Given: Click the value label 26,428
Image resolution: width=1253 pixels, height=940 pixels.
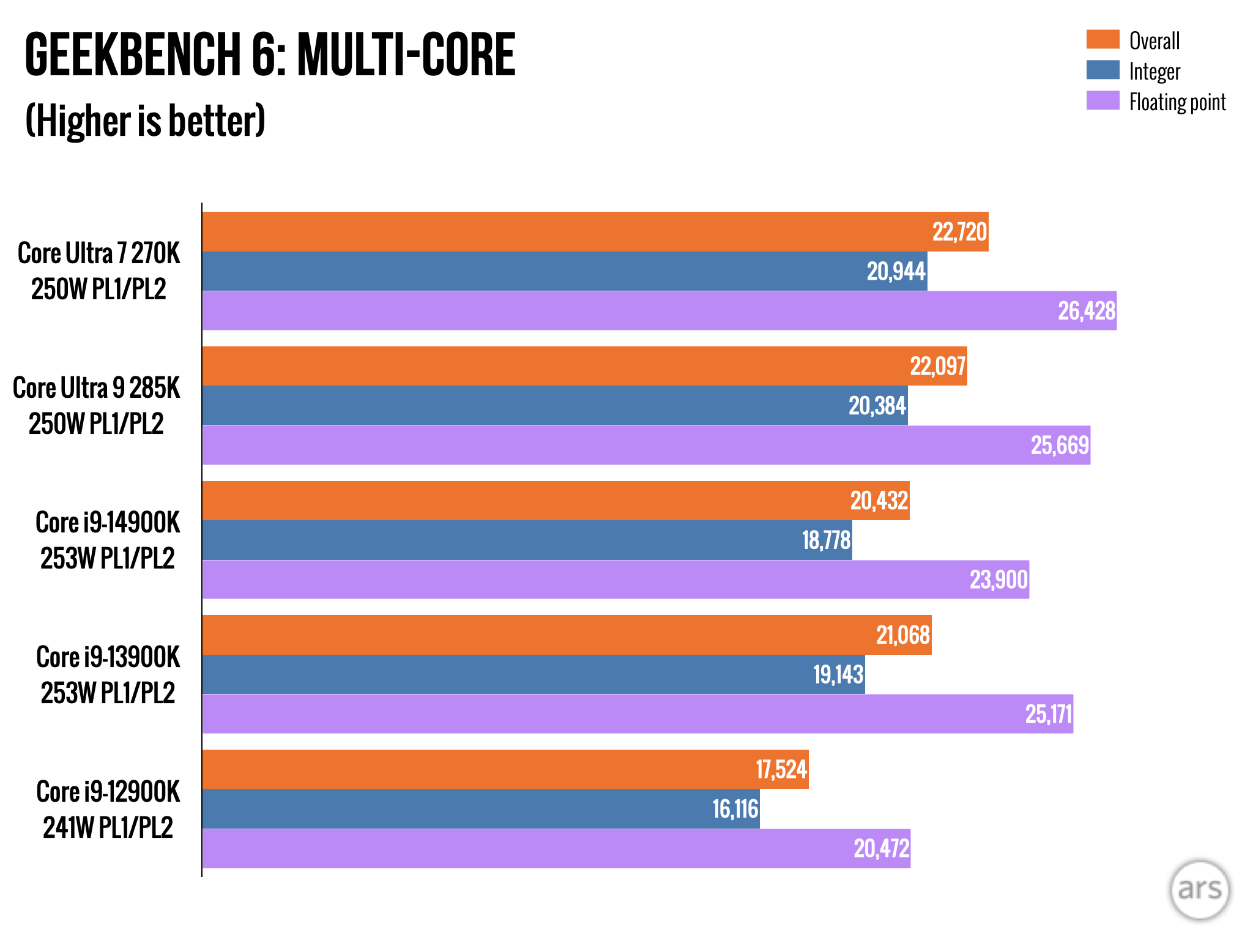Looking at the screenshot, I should point(1087,311).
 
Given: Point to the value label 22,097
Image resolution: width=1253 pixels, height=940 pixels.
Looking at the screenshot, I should point(938,367).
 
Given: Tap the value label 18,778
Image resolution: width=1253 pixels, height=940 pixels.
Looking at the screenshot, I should point(826,540).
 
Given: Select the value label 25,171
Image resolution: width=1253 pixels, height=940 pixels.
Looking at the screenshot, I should point(1049,714).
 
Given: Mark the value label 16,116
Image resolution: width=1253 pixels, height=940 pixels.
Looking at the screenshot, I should point(735,809).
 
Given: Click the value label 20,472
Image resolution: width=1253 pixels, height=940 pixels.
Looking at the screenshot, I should point(881,849).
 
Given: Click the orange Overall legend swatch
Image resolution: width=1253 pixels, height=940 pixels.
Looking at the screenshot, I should point(1102,40).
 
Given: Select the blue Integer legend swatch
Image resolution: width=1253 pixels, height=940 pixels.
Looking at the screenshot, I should point(1102,70).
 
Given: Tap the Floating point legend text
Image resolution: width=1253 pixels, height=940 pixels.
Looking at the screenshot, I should point(1177,102).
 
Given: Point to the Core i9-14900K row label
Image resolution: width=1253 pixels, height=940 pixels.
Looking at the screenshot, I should point(108,540).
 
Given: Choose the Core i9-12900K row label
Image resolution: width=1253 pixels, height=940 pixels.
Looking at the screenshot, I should point(108,809).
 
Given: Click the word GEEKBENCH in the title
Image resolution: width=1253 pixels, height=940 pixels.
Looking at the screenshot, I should point(132,55).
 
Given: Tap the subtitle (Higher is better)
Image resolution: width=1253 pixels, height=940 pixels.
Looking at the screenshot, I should point(145,121).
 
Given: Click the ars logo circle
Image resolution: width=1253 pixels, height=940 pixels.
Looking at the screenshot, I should point(1199,889).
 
